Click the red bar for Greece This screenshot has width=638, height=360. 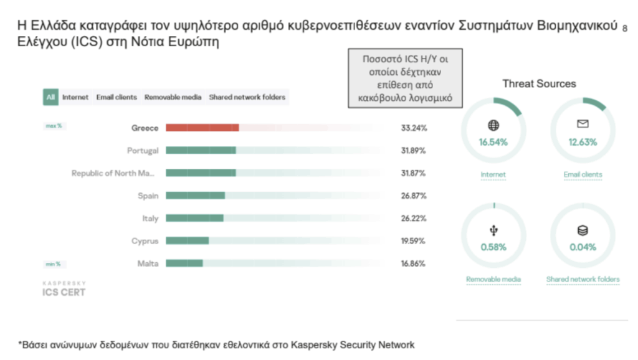tap(202, 128)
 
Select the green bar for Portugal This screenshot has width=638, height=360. tap(201, 150)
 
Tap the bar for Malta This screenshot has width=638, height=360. tap(184, 263)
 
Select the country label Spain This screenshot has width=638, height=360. tap(148, 196)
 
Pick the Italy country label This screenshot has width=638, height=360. tap(150, 219)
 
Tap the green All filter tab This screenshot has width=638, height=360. tap(50, 97)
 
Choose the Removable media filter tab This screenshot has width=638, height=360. tap(173, 97)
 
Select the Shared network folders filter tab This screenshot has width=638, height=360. tap(247, 97)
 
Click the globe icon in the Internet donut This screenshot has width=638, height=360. tap(493, 125)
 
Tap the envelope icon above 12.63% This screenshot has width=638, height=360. tap(583, 125)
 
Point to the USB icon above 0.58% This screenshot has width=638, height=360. tap(493, 231)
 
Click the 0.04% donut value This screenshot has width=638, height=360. tap(583, 247)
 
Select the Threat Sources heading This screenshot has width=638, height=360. tap(539, 83)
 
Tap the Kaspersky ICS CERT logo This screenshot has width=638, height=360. tap(64, 288)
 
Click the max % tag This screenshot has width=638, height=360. tap(54, 126)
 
